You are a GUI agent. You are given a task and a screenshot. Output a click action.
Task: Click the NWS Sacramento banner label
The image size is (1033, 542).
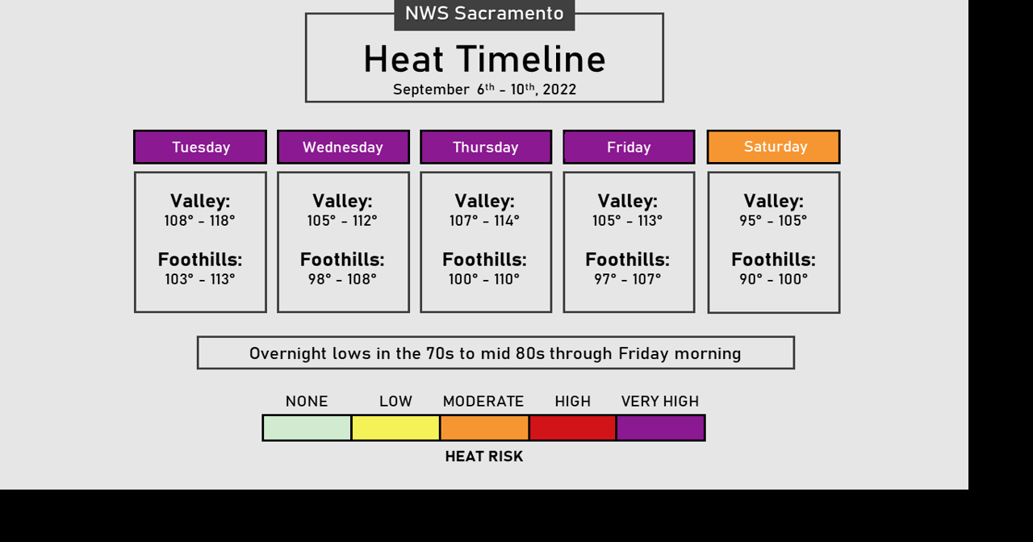[484, 14]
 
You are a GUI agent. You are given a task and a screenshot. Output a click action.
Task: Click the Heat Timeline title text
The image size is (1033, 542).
[484, 59]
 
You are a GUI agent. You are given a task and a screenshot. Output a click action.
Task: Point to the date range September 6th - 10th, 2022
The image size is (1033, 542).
[484, 89]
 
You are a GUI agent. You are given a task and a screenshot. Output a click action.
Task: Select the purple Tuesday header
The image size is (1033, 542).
[200, 147]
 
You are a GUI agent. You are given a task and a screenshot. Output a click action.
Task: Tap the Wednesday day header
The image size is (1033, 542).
[343, 147]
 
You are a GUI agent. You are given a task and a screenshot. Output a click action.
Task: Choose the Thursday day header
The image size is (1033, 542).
[486, 147]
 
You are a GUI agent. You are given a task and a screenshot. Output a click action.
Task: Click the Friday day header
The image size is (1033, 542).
[629, 147]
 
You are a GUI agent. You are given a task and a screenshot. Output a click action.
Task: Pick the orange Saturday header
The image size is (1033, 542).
[773, 147]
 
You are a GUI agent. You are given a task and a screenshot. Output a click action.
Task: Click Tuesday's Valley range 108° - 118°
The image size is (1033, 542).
[199, 221]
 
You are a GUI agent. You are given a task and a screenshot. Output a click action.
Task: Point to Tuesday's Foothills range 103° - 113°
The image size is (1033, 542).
[199, 279]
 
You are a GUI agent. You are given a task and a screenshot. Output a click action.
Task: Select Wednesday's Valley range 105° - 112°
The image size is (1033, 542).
[342, 221]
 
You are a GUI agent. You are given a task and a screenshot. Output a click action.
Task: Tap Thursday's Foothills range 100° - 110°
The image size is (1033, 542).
[484, 279]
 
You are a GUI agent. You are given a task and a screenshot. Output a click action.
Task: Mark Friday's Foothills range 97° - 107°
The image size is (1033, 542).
[628, 279]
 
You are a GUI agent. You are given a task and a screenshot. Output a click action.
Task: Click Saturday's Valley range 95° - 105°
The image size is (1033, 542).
[773, 221]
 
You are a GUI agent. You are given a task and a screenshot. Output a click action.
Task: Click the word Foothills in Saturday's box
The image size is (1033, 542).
[772, 260]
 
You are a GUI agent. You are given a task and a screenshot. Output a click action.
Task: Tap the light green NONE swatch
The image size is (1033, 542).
[307, 427]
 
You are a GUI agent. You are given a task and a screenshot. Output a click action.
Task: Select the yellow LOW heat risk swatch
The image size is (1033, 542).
[395, 427]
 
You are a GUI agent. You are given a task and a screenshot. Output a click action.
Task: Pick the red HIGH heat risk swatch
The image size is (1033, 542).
[572, 427]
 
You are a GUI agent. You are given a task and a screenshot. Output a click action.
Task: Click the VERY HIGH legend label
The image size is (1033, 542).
[660, 402]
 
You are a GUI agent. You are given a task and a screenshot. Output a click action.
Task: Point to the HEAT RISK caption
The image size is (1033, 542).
[484, 457]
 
